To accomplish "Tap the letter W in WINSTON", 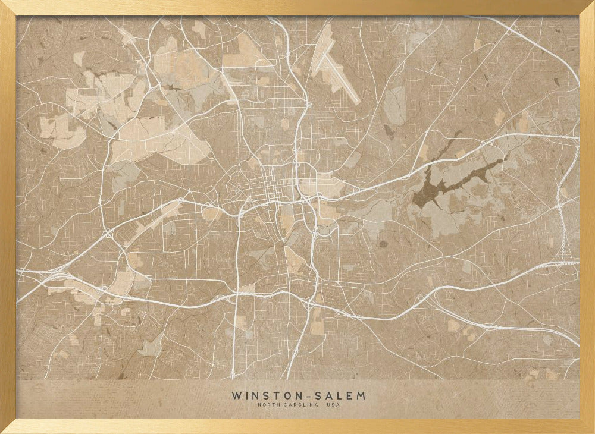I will [236, 395].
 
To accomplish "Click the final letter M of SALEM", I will [361, 395].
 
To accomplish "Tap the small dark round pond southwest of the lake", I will [383, 243].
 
